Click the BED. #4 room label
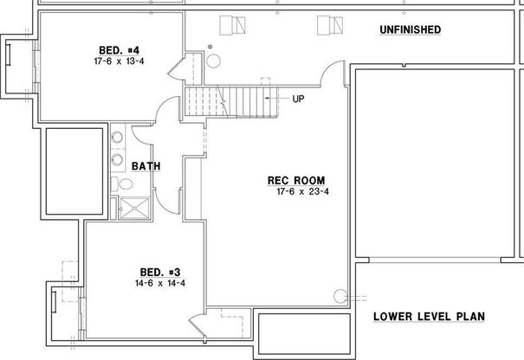pyautogui.click(x=120, y=50)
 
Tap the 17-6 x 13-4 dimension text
pyautogui.click(x=120, y=61)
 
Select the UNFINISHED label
pyautogui.click(x=410, y=29)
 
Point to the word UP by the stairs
pyautogui.click(x=299, y=99)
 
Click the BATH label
pyautogui.click(x=146, y=166)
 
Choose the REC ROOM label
pyautogui.click(x=296, y=181)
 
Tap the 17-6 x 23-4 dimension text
pyautogui.click(x=303, y=192)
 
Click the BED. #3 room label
pyautogui.click(x=160, y=273)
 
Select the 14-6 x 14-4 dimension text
pyautogui.click(x=160, y=283)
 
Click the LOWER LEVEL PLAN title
pyautogui.click(x=429, y=317)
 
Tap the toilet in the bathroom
pyautogui.click(x=122, y=183)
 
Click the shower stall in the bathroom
pyautogui.click(x=134, y=208)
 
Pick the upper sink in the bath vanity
pyautogui.click(x=117, y=137)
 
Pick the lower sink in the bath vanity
pyautogui.click(x=117, y=159)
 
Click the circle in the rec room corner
pyautogui.click(x=340, y=296)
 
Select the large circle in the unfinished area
pyautogui.click(x=213, y=61)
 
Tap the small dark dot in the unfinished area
pyautogui.click(x=210, y=47)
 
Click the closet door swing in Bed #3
pyautogui.click(x=197, y=325)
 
